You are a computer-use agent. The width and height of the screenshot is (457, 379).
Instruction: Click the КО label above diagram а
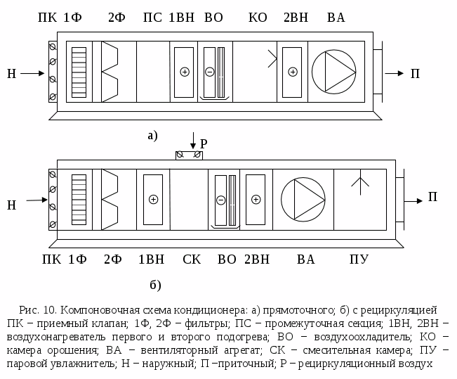pyautogui.click(x=258, y=18)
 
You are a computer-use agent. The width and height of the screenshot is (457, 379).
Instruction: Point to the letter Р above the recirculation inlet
pyautogui.click(x=204, y=141)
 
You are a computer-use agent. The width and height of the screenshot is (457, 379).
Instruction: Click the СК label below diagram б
pyautogui.click(x=192, y=259)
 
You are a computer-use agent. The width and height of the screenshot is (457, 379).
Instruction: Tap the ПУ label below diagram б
pyautogui.click(x=359, y=259)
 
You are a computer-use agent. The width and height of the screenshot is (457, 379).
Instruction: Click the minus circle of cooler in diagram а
pyautogui.click(x=209, y=72)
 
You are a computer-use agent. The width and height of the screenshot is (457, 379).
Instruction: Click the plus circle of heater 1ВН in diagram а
pyautogui.click(x=185, y=72)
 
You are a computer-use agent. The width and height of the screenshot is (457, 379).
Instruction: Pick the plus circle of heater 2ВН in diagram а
pyautogui.click(x=291, y=72)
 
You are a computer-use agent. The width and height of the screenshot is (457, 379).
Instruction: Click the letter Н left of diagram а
pyautogui.click(x=11, y=72)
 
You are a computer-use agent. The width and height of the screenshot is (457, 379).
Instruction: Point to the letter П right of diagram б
pyautogui.click(x=433, y=198)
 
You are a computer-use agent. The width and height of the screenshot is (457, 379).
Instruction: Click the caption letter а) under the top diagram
pyautogui.click(x=152, y=135)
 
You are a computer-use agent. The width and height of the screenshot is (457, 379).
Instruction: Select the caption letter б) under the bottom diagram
pyautogui.click(x=155, y=285)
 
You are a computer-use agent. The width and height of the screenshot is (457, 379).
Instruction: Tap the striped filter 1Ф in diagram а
pyautogui.click(x=79, y=71)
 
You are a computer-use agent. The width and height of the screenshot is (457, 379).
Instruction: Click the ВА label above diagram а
pyautogui.click(x=336, y=18)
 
